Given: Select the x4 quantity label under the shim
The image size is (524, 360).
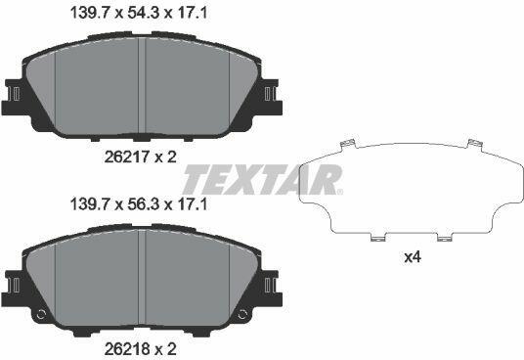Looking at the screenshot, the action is click(x=413, y=257).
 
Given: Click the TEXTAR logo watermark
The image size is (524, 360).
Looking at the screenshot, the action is click(x=263, y=179).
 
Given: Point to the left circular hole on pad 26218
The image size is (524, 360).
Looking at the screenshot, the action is click(x=40, y=314).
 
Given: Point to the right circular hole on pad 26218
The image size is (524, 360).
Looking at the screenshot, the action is click(x=243, y=314).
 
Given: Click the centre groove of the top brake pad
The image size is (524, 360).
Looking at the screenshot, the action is click(x=142, y=85).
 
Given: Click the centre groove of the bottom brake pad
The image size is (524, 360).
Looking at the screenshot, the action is click(x=142, y=277).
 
